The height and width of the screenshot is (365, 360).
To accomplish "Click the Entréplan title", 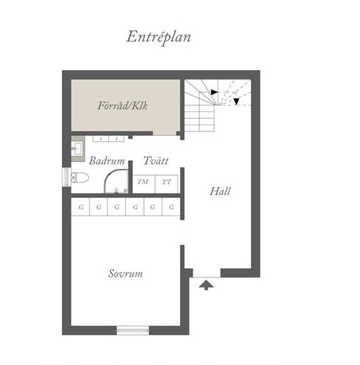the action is pos(158,38).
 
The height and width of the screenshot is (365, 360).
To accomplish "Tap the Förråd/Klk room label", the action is pos(122,106).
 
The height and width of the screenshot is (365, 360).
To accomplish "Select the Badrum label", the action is pos(107,161).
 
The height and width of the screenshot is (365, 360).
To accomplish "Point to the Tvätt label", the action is pos(156,161).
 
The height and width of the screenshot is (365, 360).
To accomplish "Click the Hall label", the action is pos(220,191).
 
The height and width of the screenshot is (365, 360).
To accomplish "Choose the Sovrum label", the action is pos(126,273).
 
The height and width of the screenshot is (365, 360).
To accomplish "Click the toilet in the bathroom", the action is pos(80,178).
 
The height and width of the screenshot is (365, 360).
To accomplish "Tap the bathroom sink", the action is pos(76,149).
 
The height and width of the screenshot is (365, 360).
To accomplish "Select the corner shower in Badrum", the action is pos(116,181).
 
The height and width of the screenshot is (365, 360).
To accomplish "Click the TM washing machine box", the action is pos(144,184).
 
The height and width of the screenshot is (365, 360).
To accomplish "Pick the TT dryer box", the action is pos(166,184).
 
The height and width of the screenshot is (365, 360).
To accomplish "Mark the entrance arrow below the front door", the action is pos(206,285).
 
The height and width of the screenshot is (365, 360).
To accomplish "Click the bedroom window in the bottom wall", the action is pos(133,330).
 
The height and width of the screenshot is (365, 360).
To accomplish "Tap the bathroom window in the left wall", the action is pos(67,177).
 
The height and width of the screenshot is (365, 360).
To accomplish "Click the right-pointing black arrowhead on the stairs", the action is pos(214,92).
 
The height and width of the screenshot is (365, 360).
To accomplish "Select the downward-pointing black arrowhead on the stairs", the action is pos(236,102).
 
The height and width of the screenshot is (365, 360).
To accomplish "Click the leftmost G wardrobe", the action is pos(80,207).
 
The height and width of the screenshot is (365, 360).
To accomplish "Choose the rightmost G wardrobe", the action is pos(171,207).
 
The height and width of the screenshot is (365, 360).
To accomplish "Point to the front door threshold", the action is pos(206,277).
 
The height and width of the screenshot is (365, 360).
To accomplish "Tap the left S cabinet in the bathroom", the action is pos(101,139).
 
